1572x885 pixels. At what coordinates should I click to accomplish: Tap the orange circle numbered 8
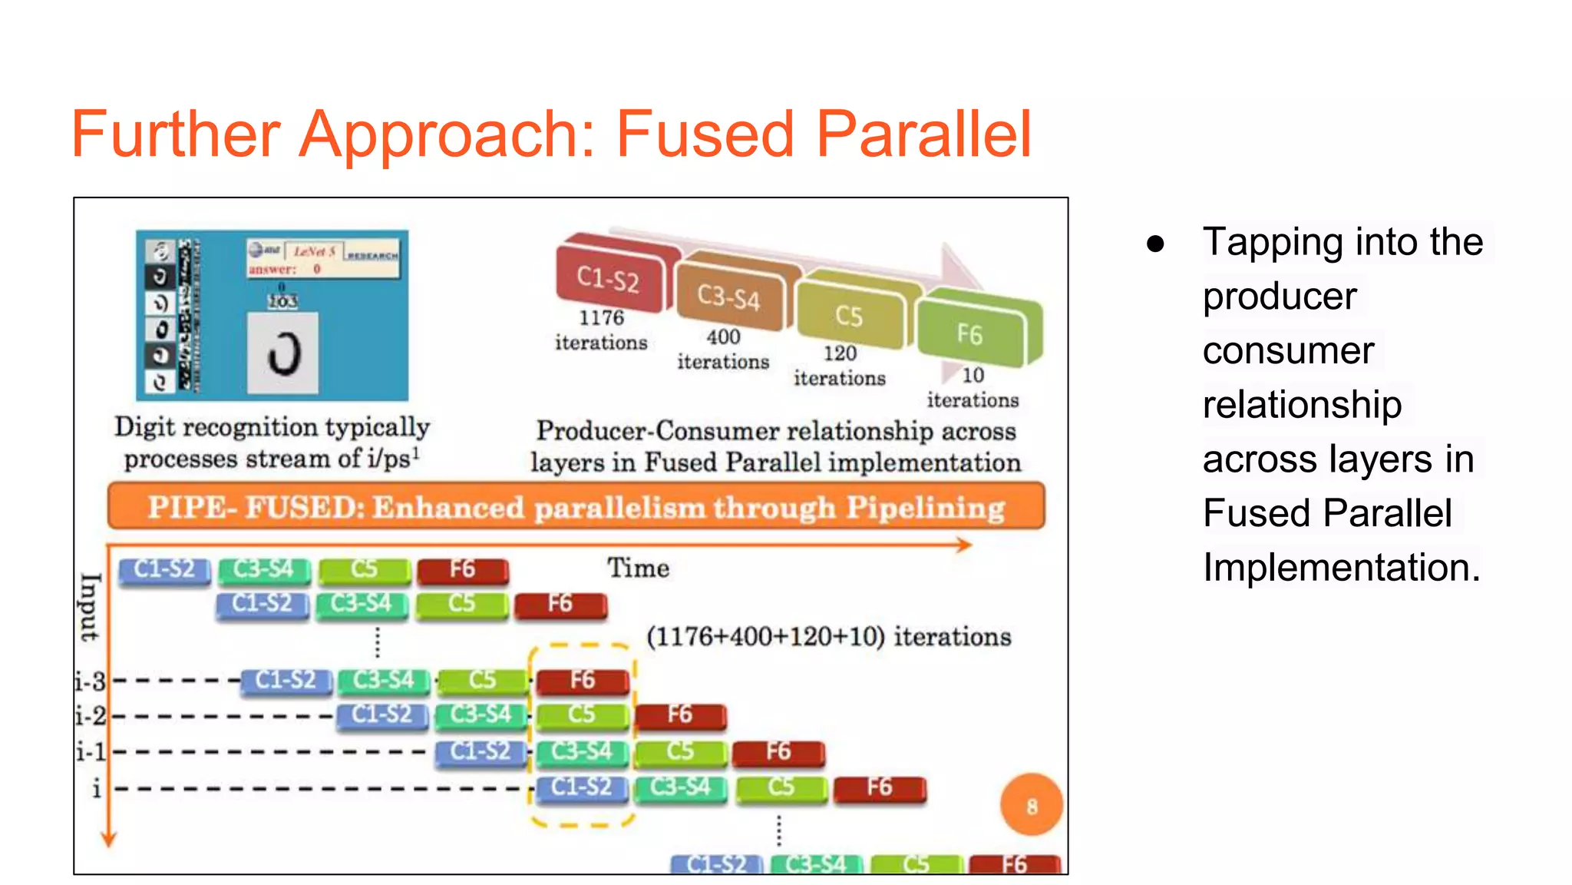pyautogui.click(x=1031, y=805)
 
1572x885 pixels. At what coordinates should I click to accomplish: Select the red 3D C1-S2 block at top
pyautogui.click(x=609, y=278)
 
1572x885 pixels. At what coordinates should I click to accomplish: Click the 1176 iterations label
pyautogui.click(x=601, y=330)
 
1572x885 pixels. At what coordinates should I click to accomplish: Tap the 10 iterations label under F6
pyautogui.click(x=973, y=387)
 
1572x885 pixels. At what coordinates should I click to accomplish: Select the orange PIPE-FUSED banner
pyautogui.click(x=576, y=507)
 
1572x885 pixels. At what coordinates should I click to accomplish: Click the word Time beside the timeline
pyautogui.click(x=638, y=568)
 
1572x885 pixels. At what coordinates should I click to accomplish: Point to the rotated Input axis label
pyautogui.click(x=90, y=607)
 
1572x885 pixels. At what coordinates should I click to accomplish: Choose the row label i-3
pyautogui.click(x=91, y=681)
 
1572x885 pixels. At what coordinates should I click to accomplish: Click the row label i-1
pyautogui.click(x=91, y=751)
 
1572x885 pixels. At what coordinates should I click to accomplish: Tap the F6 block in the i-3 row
pyautogui.click(x=583, y=681)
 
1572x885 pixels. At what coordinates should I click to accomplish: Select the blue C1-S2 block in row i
pyautogui.click(x=581, y=787)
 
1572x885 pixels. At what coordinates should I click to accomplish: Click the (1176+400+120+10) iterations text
pyautogui.click(x=828, y=636)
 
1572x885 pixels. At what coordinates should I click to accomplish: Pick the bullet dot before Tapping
pyautogui.click(x=1155, y=244)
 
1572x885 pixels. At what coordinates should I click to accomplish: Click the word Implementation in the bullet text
pyautogui.click(x=1341, y=567)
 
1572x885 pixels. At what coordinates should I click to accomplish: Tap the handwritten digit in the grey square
pyautogui.click(x=283, y=353)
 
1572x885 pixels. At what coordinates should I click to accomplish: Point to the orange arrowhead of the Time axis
pyautogui.click(x=964, y=545)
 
